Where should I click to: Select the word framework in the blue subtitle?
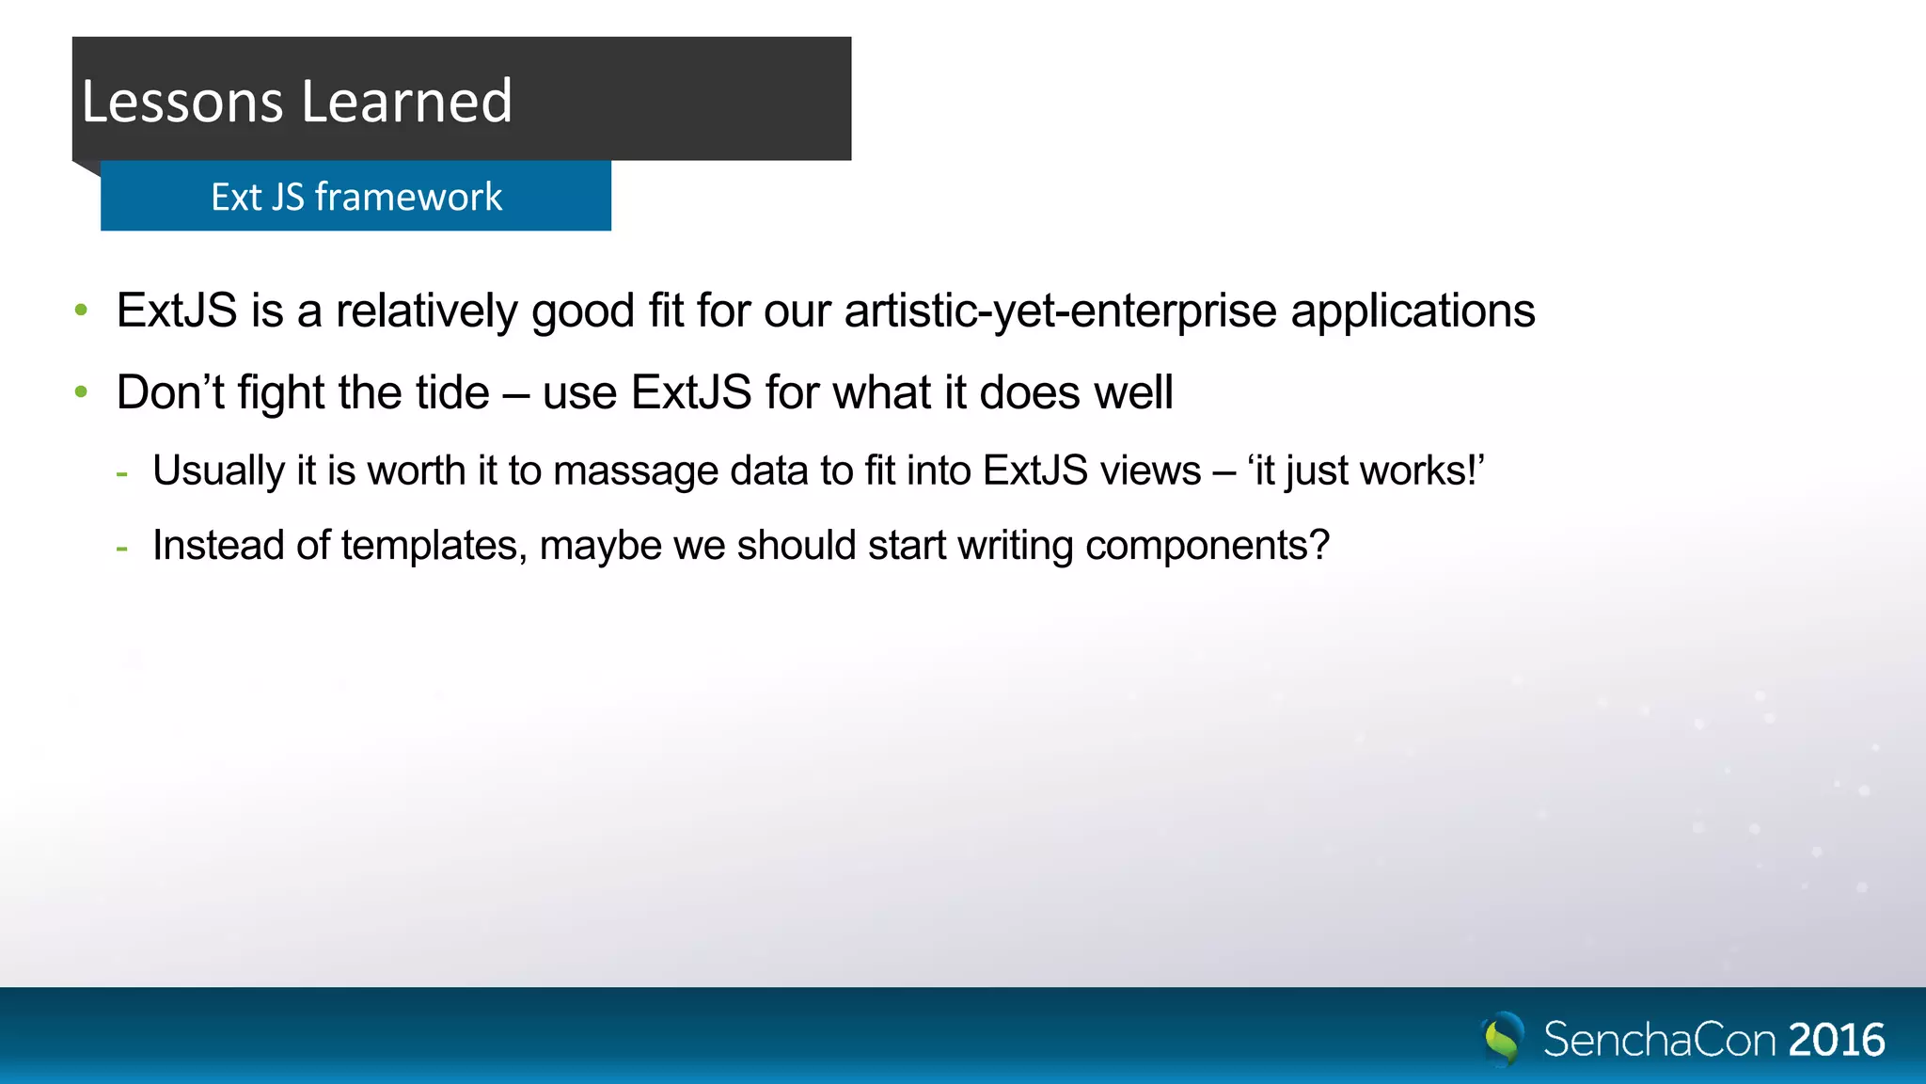point(408,197)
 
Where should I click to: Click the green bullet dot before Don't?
point(82,391)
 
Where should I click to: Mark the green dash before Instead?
point(121,547)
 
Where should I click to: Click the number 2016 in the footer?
point(1836,1040)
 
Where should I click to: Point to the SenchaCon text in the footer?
point(1659,1040)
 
